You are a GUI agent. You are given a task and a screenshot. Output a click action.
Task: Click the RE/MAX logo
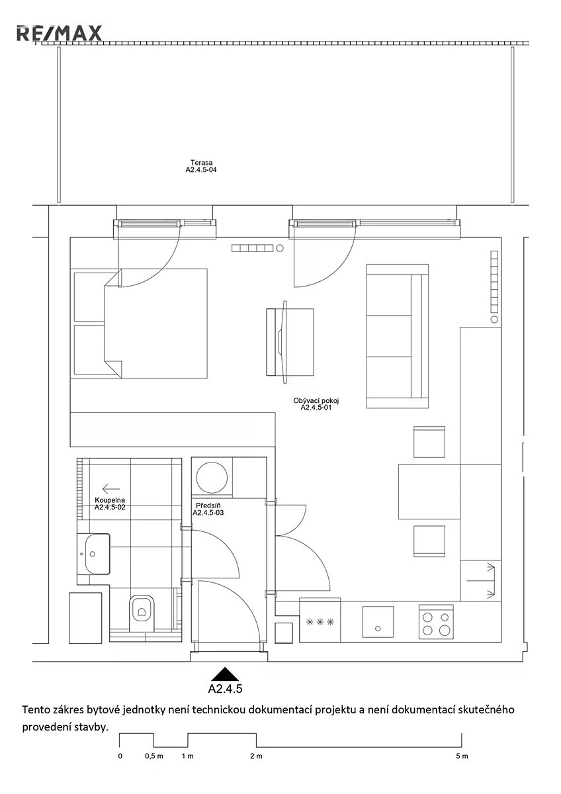[x=59, y=33]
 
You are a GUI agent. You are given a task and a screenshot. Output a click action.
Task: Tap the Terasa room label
[x=201, y=166]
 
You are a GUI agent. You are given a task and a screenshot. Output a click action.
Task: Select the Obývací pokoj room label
[x=316, y=404]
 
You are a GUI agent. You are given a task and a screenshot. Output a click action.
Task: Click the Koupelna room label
[x=110, y=504]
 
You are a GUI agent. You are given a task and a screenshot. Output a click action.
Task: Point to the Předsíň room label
[x=208, y=509]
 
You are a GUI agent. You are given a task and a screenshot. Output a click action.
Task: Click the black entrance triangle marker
[x=224, y=672]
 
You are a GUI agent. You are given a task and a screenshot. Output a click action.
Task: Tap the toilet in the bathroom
[x=142, y=613]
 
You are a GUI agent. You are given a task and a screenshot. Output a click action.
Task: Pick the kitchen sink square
[x=378, y=622]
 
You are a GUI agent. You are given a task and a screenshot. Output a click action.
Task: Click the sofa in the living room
[x=398, y=336]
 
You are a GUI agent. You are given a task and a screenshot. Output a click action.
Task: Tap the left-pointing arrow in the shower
[x=110, y=489]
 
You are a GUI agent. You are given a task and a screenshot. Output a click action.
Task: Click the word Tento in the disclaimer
[x=34, y=709]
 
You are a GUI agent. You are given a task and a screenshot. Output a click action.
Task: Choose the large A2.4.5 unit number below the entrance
[x=225, y=688]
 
